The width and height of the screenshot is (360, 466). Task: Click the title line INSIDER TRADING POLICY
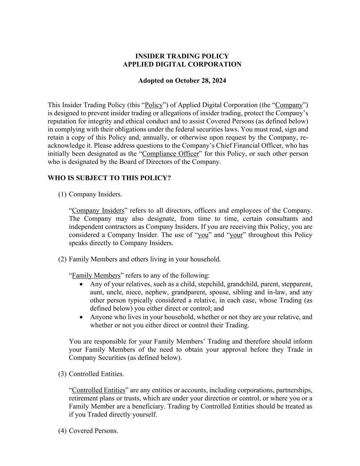tap(182, 56)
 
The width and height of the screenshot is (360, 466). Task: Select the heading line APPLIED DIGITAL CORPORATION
tap(182, 64)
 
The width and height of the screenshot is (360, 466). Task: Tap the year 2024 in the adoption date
tap(219, 81)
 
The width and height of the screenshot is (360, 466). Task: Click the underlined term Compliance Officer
tap(170, 154)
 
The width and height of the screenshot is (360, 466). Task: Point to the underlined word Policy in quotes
tap(154, 105)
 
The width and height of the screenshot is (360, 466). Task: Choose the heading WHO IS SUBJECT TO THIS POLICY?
tap(109, 178)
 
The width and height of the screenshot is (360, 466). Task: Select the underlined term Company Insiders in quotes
tap(98, 210)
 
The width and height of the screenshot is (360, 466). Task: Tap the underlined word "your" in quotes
tap(236, 235)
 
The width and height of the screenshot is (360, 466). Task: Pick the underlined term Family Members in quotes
tap(96, 275)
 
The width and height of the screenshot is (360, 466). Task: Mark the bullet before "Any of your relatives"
tap(81, 284)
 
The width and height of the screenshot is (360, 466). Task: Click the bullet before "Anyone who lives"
tap(81, 317)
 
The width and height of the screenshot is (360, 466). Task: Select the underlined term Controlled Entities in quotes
tap(99, 390)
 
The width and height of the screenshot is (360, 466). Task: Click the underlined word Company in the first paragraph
tap(289, 105)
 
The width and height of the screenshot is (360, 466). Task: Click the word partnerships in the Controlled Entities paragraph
tap(294, 390)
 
